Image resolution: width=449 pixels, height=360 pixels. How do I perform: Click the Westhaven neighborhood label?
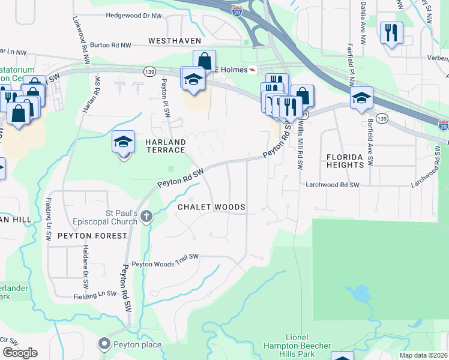click(x=173, y=41)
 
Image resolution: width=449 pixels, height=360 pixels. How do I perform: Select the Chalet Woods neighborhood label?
click(x=211, y=207)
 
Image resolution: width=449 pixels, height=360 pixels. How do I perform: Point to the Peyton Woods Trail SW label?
click(x=165, y=263)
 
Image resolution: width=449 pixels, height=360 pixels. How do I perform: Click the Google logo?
click(x=20, y=352)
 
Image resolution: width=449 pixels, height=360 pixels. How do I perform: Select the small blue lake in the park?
click(x=360, y=294)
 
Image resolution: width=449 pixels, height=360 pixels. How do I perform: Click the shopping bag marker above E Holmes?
click(x=204, y=61)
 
